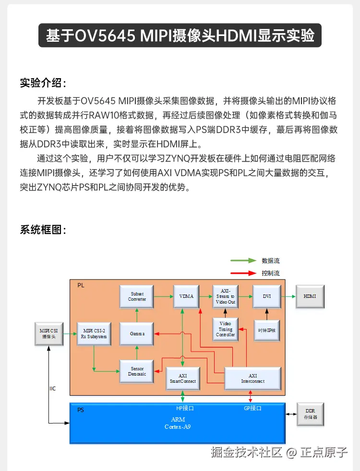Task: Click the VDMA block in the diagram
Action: point(186,296)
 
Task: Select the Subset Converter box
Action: point(136,296)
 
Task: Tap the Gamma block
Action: point(136,334)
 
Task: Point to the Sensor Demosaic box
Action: point(136,371)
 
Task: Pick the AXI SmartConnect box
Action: point(182,378)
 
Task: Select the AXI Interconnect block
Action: point(252,378)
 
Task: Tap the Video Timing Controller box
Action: point(225,329)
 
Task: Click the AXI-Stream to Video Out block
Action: point(225,296)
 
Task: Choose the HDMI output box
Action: point(310,296)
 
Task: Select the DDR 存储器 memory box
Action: point(311,414)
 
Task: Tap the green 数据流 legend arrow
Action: point(243,261)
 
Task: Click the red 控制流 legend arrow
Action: point(243,273)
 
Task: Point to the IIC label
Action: point(53,389)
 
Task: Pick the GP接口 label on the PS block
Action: point(250,409)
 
